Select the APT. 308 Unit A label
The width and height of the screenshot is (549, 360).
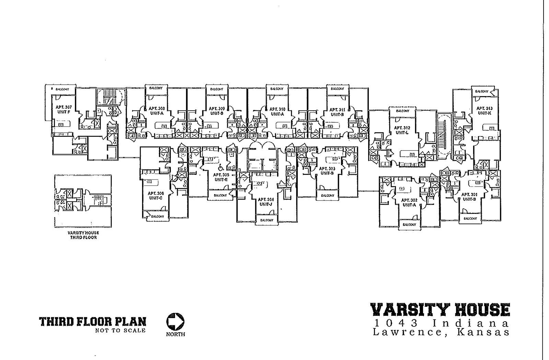pyautogui.click(x=156, y=110)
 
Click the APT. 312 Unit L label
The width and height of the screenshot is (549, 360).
pyautogui.click(x=402, y=130)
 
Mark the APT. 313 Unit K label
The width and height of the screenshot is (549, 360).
pyautogui.click(x=484, y=110)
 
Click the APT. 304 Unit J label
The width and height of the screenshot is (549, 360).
pyautogui.click(x=266, y=202)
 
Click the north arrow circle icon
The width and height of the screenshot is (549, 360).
pyautogui.click(x=175, y=321)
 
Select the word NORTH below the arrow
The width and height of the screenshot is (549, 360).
pyautogui.click(x=175, y=334)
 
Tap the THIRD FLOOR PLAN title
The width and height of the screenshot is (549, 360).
pyautogui.click(x=93, y=322)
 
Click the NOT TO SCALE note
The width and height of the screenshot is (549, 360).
pyautogui.click(x=120, y=331)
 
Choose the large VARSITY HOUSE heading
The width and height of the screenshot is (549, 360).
pyautogui.click(x=440, y=310)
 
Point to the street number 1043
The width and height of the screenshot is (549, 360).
pyautogui.click(x=397, y=323)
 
